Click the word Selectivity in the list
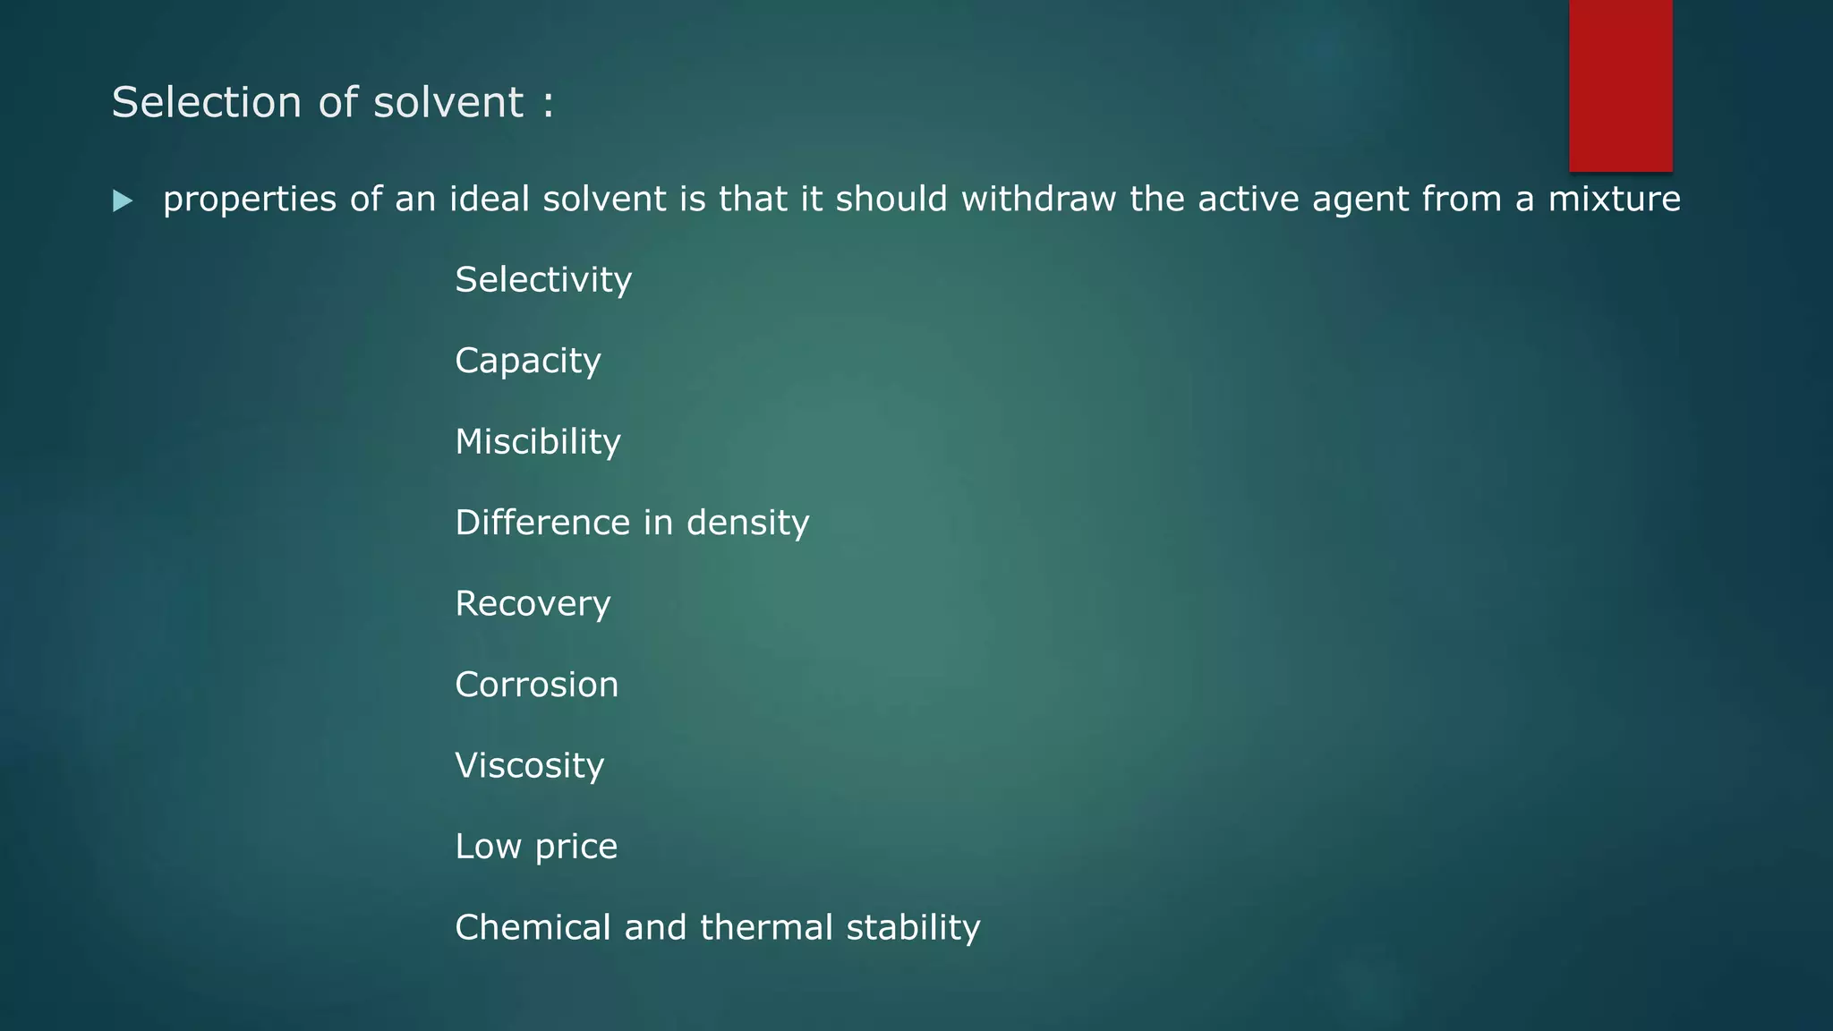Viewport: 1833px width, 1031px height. [x=543, y=280]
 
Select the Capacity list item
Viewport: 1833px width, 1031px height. [x=528, y=362]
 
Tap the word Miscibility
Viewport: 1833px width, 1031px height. [x=538, y=442]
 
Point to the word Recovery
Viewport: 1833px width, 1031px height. [x=533, y=604]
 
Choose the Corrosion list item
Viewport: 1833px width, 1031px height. [x=537, y=685]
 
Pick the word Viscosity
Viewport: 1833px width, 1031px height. [x=530, y=766]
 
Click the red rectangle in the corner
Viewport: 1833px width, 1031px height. [x=1620, y=85]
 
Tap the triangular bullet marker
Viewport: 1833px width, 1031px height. [x=124, y=200]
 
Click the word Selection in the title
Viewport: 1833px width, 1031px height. [x=207, y=102]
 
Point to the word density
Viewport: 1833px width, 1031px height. [x=747, y=524]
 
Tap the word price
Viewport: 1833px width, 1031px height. [x=575, y=848]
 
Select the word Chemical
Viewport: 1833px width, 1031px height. [x=533, y=927]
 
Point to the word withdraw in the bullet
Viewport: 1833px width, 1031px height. [x=1038, y=199]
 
